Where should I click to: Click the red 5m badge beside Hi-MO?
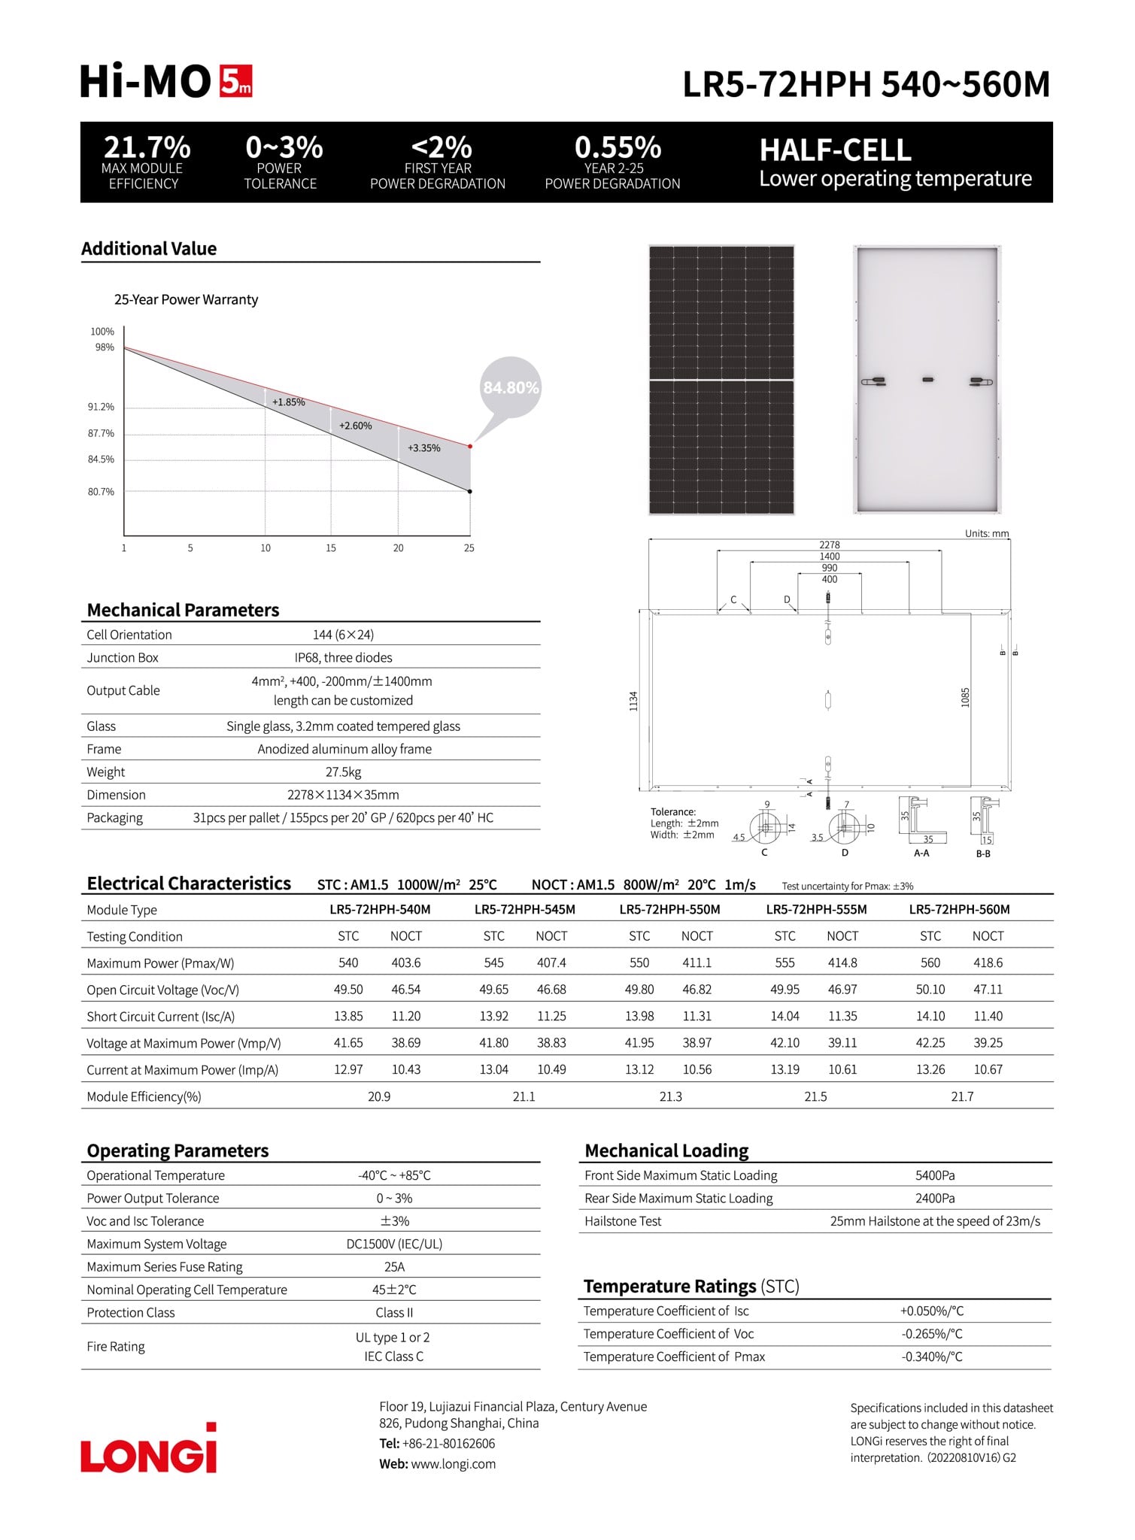coord(235,81)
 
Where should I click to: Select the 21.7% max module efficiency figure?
coord(147,147)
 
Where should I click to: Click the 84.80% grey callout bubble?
coord(511,388)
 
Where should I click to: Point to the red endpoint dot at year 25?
coord(470,447)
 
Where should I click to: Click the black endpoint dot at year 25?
coord(470,492)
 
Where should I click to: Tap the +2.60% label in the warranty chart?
coord(355,426)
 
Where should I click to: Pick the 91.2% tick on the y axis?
coord(101,407)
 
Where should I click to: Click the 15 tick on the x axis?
coord(331,548)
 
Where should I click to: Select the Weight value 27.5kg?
coord(343,772)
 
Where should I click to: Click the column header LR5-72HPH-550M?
coord(669,909)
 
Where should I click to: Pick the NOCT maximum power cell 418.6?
coord(988,962)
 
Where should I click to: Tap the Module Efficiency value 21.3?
coord(670,1096)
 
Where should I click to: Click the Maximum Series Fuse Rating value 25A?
coord(394,1267)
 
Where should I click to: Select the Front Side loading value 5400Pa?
coord(935,1175)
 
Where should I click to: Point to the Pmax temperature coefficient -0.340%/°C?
coord(931,1357)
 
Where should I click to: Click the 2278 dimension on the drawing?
coord(829,544)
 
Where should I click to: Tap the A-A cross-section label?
coord(921,853)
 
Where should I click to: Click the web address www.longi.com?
coord(453,1464)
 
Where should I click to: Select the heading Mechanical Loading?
coord(666,1150)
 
